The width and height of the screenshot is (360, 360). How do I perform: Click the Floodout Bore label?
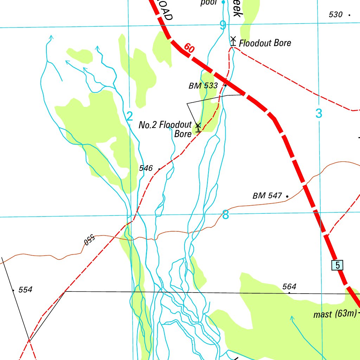point(265,43)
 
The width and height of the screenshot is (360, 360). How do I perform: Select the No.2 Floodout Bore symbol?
point(198,127)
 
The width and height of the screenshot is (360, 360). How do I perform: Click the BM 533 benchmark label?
point(203,86)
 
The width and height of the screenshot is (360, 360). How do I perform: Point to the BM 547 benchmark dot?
point(287,196)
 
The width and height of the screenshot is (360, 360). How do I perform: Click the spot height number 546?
point(146,168)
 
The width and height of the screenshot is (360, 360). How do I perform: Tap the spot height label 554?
point(25,290)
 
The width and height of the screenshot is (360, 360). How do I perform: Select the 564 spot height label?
point(289,287)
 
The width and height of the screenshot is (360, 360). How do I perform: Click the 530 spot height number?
point(335,14)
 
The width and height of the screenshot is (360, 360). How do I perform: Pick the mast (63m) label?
point(335,314)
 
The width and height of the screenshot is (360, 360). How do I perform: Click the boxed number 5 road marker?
point(337,265)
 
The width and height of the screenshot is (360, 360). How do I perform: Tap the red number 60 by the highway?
point(189,49)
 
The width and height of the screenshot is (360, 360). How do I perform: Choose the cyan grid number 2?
point(130,116)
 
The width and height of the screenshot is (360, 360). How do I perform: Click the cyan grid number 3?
point(319,113)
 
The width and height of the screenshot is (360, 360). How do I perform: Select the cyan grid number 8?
point(225,214)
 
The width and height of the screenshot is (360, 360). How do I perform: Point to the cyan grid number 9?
point(223,25)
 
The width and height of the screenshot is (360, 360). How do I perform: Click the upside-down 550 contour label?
point(89,240)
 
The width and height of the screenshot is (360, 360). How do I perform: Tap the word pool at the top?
point(208,3)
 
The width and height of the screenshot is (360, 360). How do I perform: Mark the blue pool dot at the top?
point(223,2)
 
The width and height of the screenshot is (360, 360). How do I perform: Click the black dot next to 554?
point(13,290)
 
